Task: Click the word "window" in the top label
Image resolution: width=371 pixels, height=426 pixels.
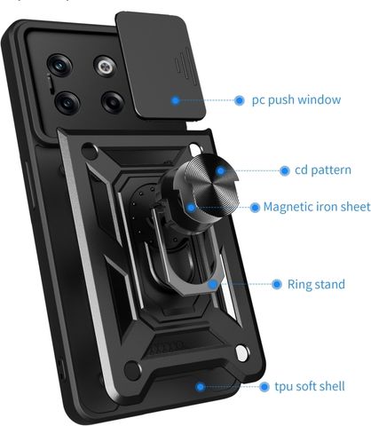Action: click(320, 99)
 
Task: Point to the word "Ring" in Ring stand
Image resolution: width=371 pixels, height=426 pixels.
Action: click(298, 285)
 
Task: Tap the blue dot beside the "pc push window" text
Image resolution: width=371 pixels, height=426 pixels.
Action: click(240, 100)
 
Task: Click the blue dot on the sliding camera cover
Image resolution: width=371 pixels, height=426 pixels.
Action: click(176, 100)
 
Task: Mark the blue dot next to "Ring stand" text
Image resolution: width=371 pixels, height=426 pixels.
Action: click(277, 284)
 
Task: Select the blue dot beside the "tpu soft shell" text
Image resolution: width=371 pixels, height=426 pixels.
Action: click(264, 387)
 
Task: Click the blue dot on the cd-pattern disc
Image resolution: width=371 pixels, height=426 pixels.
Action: click(220, 171)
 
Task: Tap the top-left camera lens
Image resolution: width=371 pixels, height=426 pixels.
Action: click(59, 66)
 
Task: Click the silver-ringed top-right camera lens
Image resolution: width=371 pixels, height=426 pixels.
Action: click(106, 67)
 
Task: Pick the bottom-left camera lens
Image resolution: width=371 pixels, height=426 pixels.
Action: click(67, 103)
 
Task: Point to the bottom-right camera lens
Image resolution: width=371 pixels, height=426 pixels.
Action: click(113, 102)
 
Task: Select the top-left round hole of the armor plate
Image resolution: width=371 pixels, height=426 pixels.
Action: click(90, 151)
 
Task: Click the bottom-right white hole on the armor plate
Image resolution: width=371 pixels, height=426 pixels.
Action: click(242, 353)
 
